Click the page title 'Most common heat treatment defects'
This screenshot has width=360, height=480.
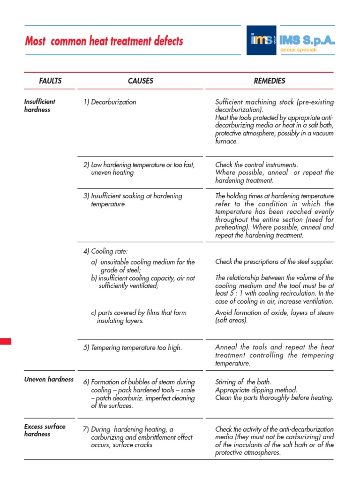[104, 41]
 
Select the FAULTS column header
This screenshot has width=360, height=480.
[50, 81]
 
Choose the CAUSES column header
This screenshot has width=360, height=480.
[141, 81]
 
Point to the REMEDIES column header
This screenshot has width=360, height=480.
[269, 81]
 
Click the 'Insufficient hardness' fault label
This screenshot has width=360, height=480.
[40, 105]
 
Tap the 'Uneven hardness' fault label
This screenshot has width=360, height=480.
[49, 379]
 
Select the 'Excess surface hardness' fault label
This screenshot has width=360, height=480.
[45, 430]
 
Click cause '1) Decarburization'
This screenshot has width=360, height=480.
[110, 102]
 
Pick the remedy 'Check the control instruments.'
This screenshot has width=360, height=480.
[256, 165]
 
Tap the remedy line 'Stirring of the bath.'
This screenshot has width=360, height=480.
[243, 382]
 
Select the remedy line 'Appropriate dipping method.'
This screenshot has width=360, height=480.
[256, 390]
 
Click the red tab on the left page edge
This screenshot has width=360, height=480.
[5, 341]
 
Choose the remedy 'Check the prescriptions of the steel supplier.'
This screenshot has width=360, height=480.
[274, 262]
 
